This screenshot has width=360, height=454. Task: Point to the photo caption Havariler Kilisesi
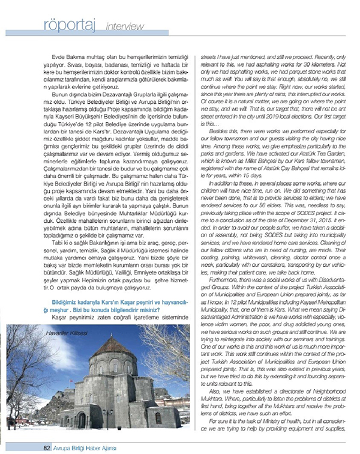[72, 331]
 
